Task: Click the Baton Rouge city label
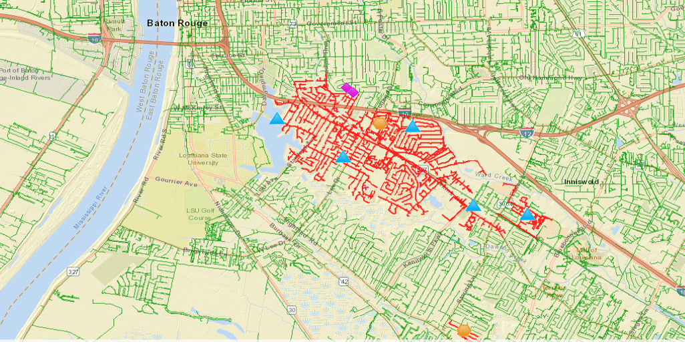[x=177, y=23]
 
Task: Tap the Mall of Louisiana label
[x=584, y=253]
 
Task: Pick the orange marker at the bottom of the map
[x=464, y=330]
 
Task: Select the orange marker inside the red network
[x=380, y=123]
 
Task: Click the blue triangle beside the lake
[x=276, y=119]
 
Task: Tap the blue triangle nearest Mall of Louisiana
[x=527, y=214]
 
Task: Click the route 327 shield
[x=73, y=272]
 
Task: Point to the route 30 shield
[x=292, y=309]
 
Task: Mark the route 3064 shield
[x=504, y=202]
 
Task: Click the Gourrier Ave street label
[x=176, y=182]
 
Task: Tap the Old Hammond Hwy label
[x=549, y=78]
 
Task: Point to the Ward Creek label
[x=492, y=176]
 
